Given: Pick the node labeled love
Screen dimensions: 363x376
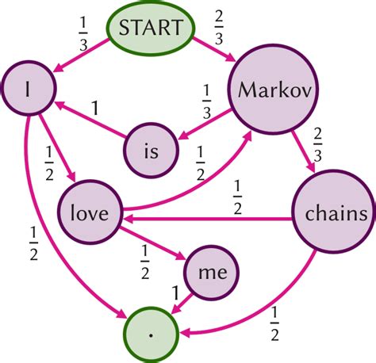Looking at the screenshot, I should [x=89, y=213].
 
